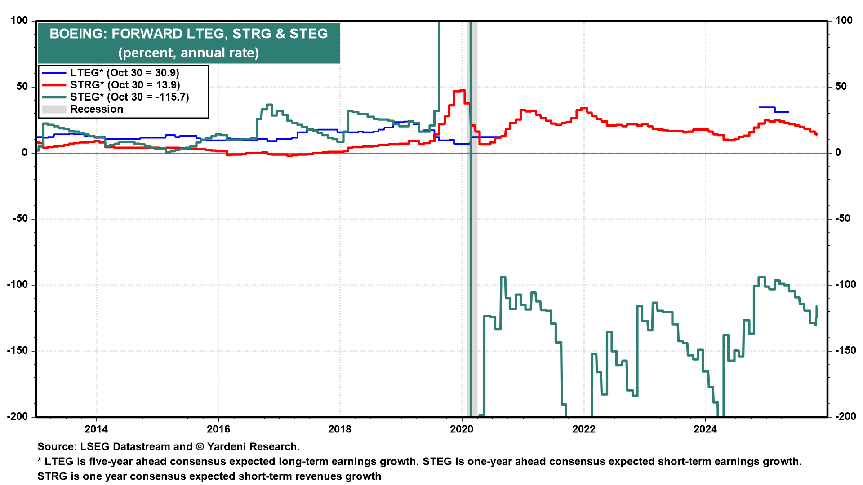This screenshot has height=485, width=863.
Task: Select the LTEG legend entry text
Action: click(125, 73)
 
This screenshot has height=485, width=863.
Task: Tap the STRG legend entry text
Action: click(125, 85)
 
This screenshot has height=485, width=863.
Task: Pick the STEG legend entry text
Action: click(129, 97)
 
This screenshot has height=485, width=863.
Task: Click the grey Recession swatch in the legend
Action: click(54, 109)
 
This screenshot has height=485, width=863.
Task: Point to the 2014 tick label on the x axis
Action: click(96, 429)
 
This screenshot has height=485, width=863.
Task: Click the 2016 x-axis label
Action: click(218, 429)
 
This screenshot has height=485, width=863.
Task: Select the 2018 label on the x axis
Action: click(340, 429)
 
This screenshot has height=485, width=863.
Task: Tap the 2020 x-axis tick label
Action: click(462, 429)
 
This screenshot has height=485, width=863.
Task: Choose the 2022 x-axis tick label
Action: click(583, 429)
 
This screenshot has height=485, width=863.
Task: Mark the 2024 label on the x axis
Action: click(705, 429)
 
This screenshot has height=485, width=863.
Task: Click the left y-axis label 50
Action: click(22, 86)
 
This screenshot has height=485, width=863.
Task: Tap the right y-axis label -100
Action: click(845, 284)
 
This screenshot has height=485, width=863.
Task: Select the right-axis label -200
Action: click(845, 416)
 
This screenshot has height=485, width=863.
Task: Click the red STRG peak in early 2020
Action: click(459, 91)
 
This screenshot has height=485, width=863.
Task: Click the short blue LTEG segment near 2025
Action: click(773, 110)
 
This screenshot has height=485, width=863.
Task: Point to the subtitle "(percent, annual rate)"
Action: click(189, 53)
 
